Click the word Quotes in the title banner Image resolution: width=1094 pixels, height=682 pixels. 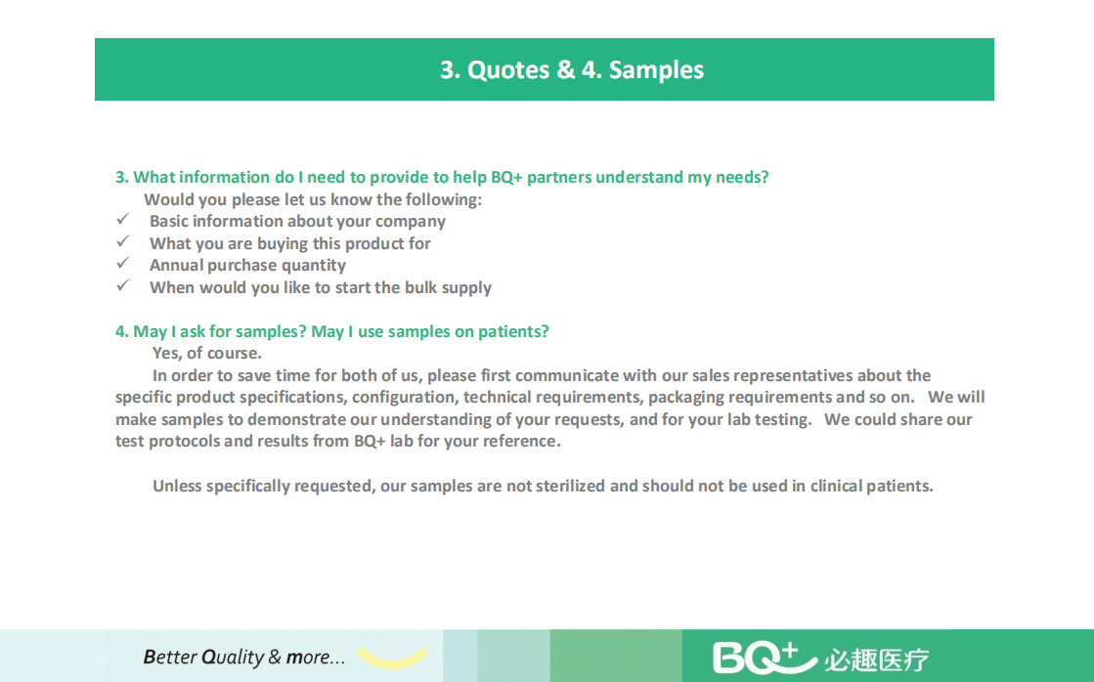[508, 69]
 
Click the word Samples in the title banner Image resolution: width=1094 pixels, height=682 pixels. [656, 70]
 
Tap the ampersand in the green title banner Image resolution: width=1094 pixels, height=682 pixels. [565, 69]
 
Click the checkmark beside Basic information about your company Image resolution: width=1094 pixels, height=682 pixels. [123, 219]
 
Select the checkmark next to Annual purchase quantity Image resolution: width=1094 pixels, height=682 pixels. [123, 263]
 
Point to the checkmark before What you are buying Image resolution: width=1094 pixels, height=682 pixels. [123, 241]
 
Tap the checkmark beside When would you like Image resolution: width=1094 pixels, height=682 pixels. [123, 285]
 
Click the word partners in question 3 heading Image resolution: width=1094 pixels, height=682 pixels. [558, 178]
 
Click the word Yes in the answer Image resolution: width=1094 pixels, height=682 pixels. [167, 354]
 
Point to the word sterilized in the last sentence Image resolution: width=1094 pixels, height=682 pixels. [571, 486]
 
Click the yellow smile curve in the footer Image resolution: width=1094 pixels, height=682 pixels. [392, 658]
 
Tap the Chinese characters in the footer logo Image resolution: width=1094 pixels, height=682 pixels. [877, 660]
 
